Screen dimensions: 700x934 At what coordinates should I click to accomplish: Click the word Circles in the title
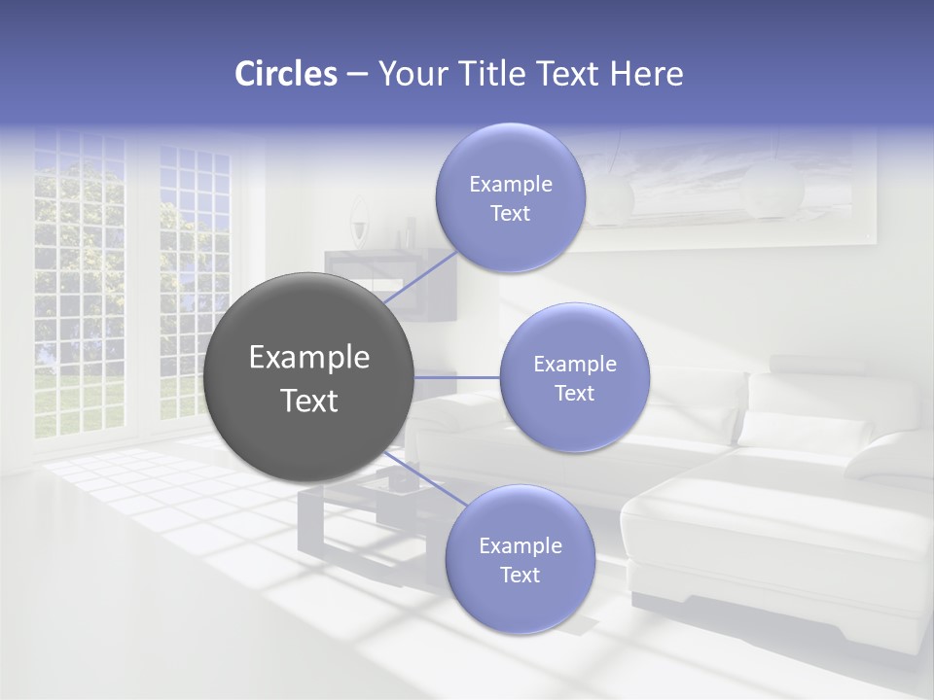point(285,74)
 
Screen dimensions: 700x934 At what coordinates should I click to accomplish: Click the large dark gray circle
point(308,377)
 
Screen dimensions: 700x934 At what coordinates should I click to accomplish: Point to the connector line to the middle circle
point(456,376)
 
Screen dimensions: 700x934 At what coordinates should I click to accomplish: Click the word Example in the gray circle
point(308,358)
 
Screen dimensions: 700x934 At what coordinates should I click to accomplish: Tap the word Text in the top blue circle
point(510,214)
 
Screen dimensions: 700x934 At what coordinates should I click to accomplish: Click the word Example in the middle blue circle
point(574,365)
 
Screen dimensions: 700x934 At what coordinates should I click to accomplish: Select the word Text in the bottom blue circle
point(520,576)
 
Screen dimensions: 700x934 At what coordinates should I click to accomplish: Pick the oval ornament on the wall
point(360,219)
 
